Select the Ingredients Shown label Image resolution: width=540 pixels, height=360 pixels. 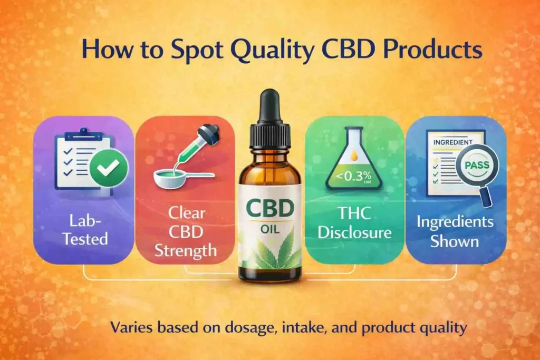tap(455, 232)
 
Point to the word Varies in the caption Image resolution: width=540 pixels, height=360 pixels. tap(130, 327)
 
